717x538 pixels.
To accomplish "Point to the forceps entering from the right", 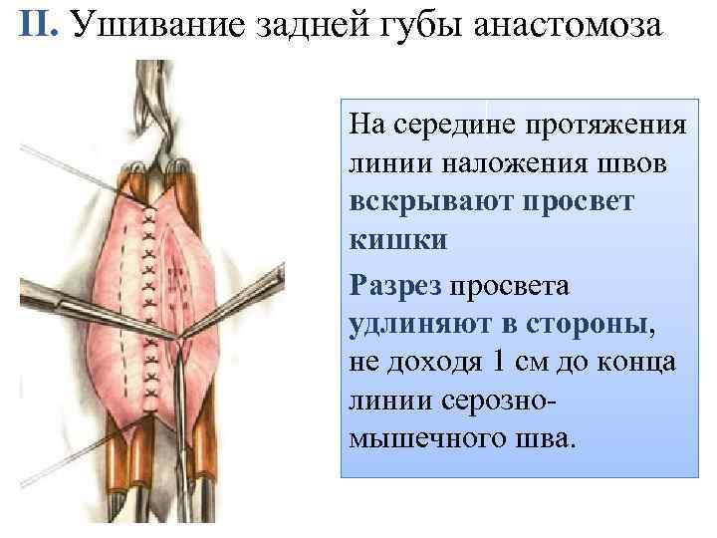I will (254, 299).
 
